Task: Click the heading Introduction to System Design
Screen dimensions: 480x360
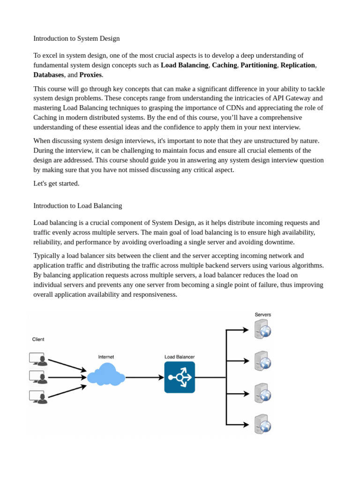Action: (x=76, y=38)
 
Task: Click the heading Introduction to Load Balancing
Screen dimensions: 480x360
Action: (x=78, y=205)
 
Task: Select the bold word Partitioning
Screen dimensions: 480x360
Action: (x=258, y=65)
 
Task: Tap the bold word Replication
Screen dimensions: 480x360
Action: (x=298, y=65)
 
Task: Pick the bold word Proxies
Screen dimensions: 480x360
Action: (x=90, y=75)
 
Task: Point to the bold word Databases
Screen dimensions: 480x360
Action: (x=49, y=75)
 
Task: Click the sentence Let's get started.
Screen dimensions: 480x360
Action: (x=56, y=183)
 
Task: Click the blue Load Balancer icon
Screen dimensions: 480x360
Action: (x=180, y=377)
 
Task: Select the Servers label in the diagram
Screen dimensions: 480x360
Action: (x=262, y=315)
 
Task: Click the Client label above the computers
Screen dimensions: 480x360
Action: (x=38, y=339)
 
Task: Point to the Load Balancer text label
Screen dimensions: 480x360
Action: (x=180, y=357)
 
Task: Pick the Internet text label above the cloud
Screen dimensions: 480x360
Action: (x=106, y=357)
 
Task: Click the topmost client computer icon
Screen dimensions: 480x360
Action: (x=38, y=359)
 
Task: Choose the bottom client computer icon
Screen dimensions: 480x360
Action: (x=38, y=397)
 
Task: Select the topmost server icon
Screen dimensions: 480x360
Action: (x=262, y=329)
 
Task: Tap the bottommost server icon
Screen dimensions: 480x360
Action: (x=262, y=424)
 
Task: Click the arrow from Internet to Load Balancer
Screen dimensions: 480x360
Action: (x=144, y=377)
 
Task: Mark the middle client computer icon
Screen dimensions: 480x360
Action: (x=38, y=377)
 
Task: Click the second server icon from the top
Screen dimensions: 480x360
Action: (x=262, y=360)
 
